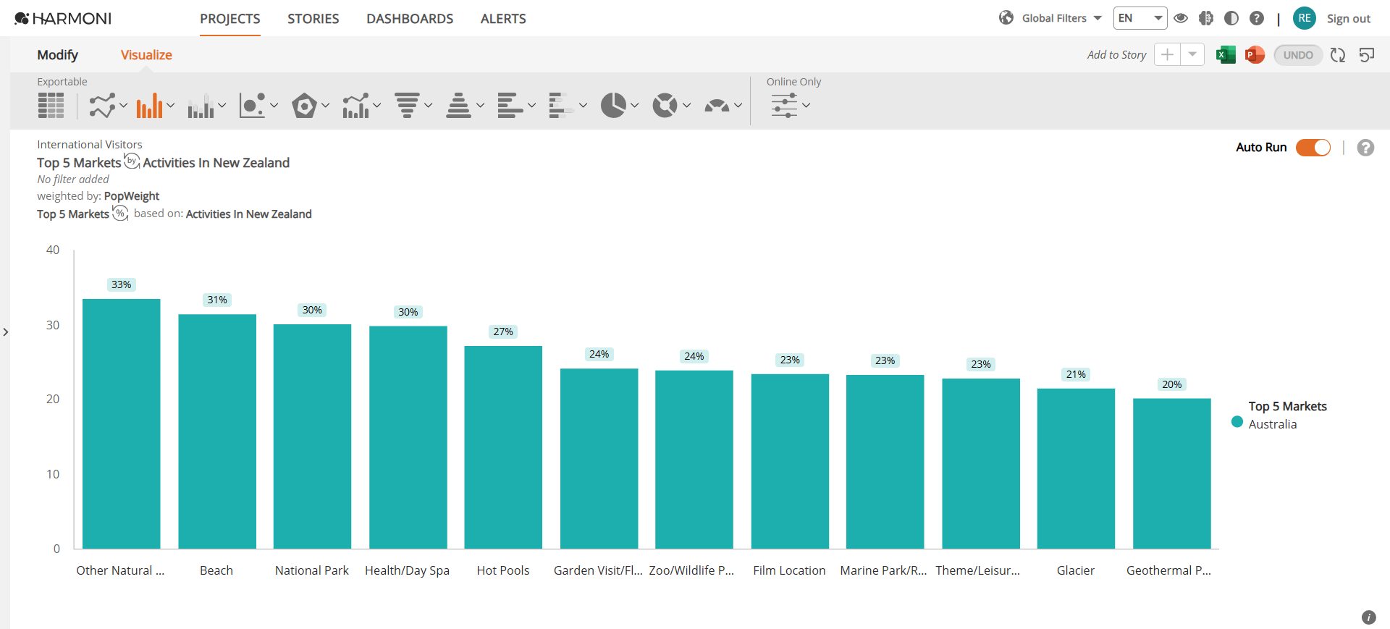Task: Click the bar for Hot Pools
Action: pyautogui.click(x=503, y=447)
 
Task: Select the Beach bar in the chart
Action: pyautogui.click(x=217, y=431)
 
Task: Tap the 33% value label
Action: pyautogui.click(x=122, y=284)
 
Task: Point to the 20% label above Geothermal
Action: pyautogui.click(x=1171, y=384)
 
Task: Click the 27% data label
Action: pyautogui.click(x=503, y=332)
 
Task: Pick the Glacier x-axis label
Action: pyautogui.click(x=1076, y=570)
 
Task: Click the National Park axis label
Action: pyautogui.click(x=312, y=570)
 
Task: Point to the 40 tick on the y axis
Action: pyautogui.click(x=53, y=250)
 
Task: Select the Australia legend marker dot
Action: pyautogui.click(x=1237, y=422)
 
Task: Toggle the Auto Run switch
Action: pyautogui.click(x=1313, y=148)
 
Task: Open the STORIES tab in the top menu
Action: pyautogui.click(x=313, y=19)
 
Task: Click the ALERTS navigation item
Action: pyautogui.click(x=503, y=19)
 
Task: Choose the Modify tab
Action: pyautogui.click(x=58, y=55)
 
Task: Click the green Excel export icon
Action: pyautogui.click(x=1226, y=55)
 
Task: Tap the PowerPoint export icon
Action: pyautogui.click(x=1255, y=55)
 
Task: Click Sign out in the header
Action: pyautogui.click(x=1349, y=19)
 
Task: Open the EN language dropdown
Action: pyautogui.click(x=1140, y=18)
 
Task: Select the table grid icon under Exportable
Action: pyautogui.click(x=51, y=106)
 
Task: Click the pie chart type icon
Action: pyautogui.click(x=613, y=106)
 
